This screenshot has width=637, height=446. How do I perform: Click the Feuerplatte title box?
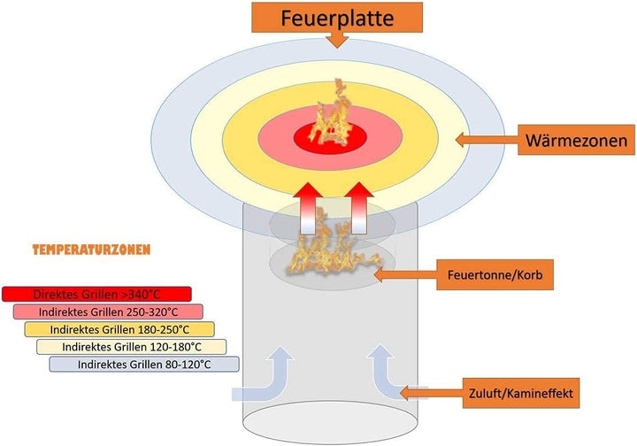[337, 18]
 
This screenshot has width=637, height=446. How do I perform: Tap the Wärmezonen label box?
[576, 140]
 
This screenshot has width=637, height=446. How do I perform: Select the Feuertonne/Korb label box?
[495, 275]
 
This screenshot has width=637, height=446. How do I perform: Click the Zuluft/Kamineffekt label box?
[521, 393]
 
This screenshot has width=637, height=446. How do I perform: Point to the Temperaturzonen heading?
[91, 250]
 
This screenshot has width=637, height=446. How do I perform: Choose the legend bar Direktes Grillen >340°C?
[96, 294]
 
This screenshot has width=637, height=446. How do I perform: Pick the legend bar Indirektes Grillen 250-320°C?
[108, 312]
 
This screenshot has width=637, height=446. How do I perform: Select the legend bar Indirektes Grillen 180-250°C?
[119, 329]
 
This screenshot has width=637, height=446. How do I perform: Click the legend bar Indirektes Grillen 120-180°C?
[131, 347]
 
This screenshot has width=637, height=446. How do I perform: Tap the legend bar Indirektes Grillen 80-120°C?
[144, 365]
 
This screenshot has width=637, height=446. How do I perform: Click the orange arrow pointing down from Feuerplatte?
[337, 40]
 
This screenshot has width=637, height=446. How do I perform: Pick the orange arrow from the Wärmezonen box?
[487, 140]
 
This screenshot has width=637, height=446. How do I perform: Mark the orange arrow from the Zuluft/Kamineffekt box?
[432, 393]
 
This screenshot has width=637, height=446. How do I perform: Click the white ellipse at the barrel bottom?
[330, 422]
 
